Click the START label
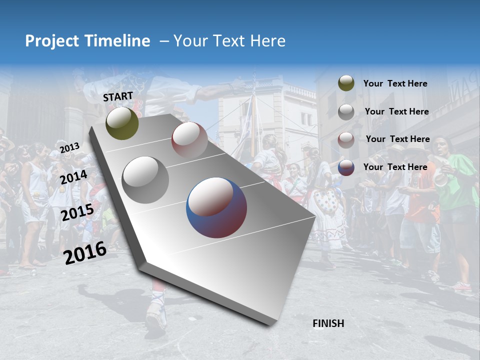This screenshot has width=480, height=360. click(x=118, y=96)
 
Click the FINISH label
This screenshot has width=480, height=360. click(x=328, y=323)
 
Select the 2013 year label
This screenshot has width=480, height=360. click(x=70, y=147)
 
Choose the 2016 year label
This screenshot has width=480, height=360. click(x=85, y=252)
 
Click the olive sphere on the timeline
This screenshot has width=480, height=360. click(x=122, y=123)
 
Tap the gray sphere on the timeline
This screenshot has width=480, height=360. click(x=145, y=179)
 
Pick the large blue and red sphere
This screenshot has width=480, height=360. click(x=216, y=207)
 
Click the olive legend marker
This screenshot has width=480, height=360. click(x=346, y=83)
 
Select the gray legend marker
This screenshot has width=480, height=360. click(x=346, y=112)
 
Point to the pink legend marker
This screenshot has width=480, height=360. click(x=346, y=140)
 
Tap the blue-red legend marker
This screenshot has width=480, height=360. click(x=346, y=167)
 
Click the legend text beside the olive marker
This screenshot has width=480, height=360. click(x=395, y=84)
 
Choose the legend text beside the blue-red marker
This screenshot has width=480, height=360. click(x=395, y=167)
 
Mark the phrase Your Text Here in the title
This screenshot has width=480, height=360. click(x=229, y=41)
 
